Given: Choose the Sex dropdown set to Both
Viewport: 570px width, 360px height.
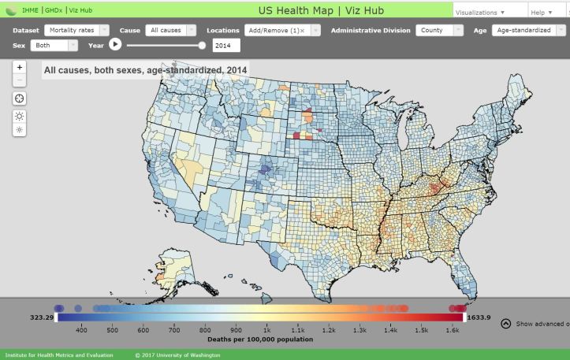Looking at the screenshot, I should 54,46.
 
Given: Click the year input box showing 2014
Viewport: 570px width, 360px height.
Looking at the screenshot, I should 226,46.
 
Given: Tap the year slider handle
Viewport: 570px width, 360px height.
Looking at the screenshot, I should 203,46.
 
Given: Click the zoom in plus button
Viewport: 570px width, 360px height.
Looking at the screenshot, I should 20,67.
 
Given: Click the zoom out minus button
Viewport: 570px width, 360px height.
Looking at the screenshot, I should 20,80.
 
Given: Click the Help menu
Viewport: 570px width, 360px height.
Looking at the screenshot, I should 541,13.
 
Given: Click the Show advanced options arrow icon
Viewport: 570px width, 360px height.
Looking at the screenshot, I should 506,323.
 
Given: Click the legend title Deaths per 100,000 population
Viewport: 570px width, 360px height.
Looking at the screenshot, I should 260,340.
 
